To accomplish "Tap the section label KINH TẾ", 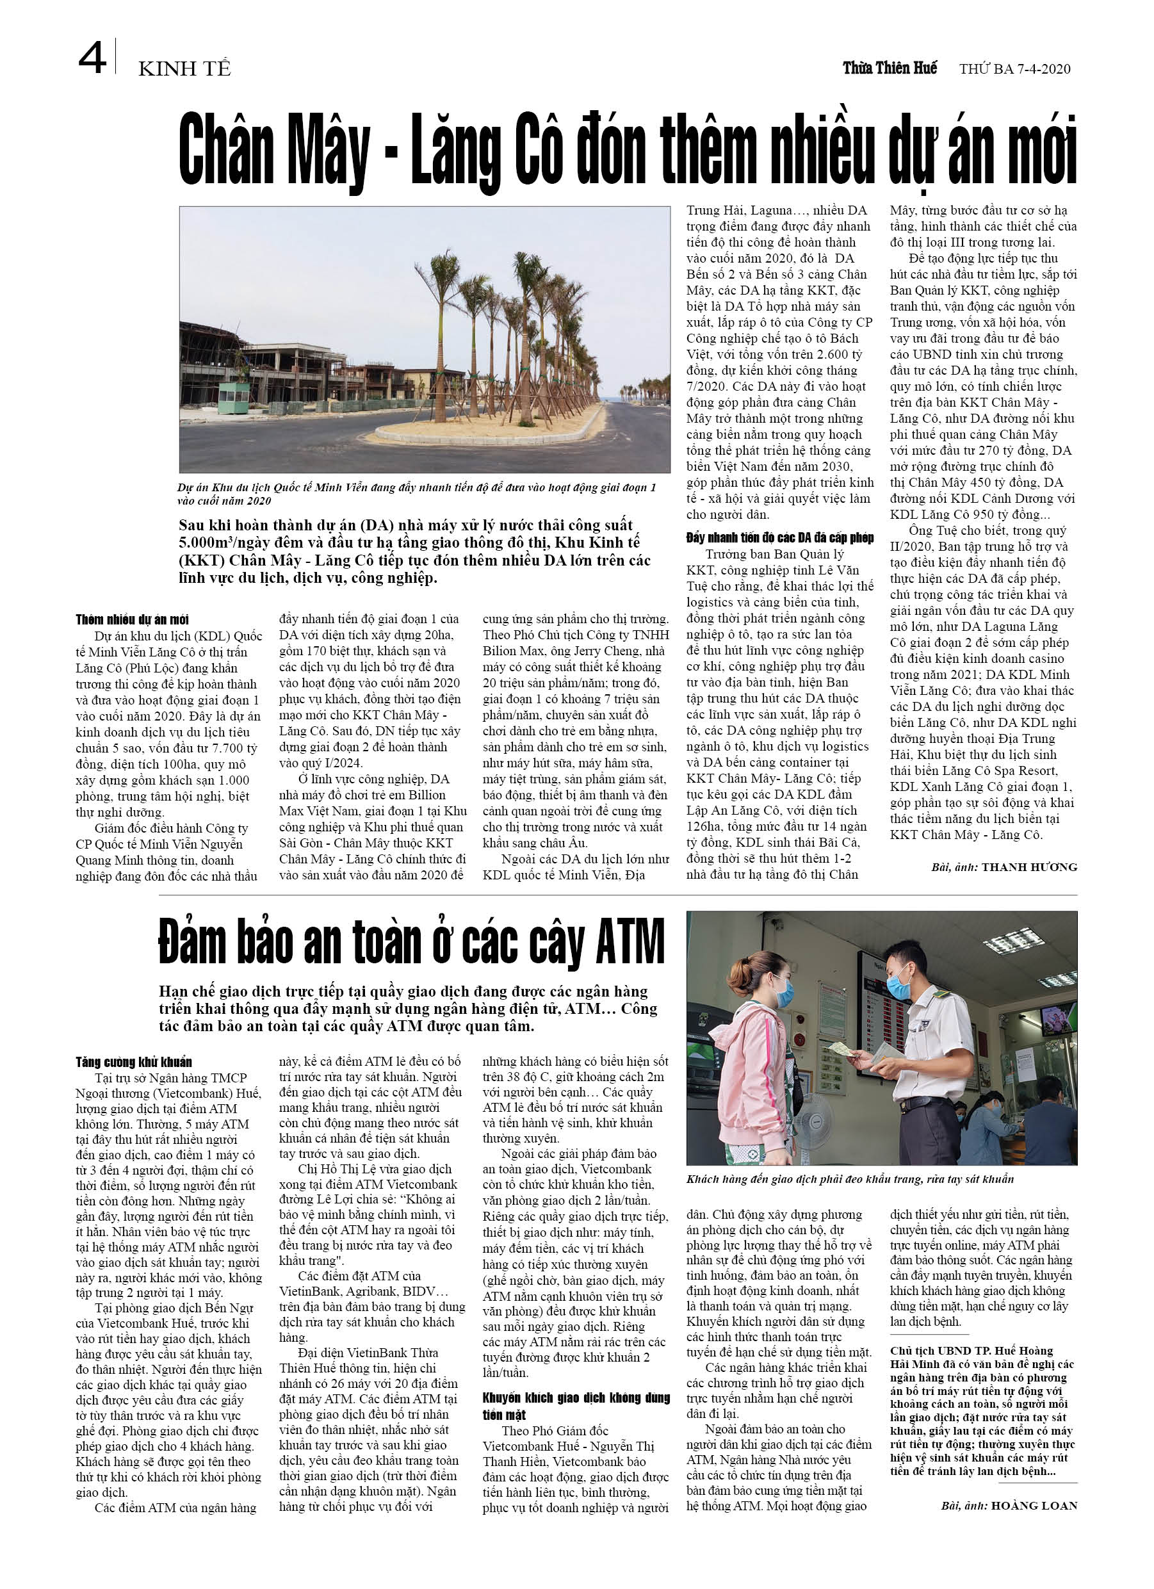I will pyautogui.click(x=184, y=69).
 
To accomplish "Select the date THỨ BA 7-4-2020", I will pyautogui.click(x=1014, y=69).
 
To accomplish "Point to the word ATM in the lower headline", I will pyautogui.click(x=630, y=942).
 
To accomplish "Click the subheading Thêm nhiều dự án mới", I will pyautogui.click(x=132, y=619).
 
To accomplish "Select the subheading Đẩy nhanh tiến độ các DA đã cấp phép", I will pyautogui.click(x=779, y=537).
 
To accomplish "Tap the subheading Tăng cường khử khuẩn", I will pyautogui.click(x=133, y=1062).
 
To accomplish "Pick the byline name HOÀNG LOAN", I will pyautogui.click(x=1034, y=1505).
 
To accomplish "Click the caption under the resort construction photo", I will pyautogui.click(x=416, y=494).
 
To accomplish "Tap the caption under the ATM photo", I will pyautogui.click(x=849, y=1179).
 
